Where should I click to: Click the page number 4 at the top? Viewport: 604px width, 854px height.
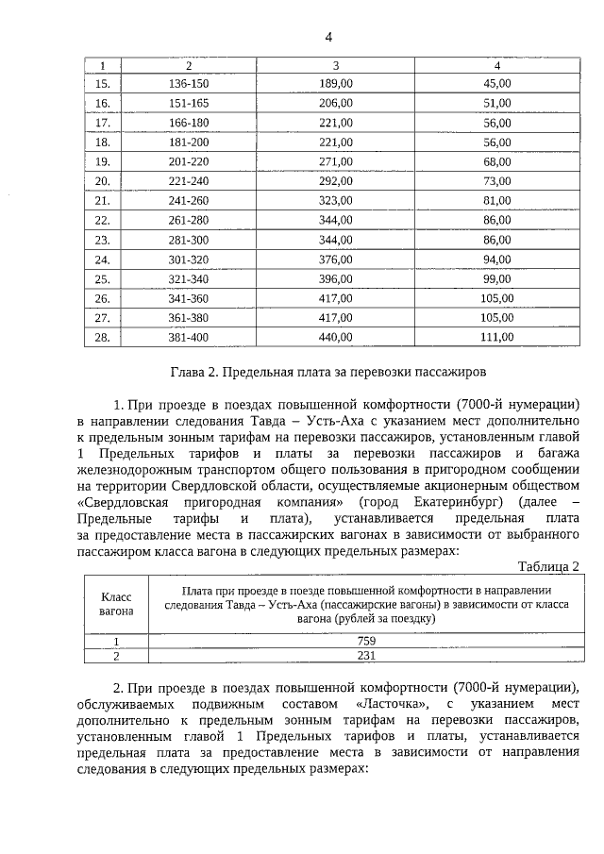point(328,37)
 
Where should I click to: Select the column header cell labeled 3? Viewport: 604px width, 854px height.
point(335,65)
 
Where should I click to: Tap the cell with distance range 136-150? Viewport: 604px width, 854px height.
point(189,83)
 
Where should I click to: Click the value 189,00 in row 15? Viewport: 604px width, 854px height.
point(335,83)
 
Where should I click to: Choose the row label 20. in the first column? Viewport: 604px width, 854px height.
point(103,180)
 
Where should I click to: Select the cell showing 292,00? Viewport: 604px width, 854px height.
point(335,180)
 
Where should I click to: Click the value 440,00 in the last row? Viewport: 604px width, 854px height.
point(335,336)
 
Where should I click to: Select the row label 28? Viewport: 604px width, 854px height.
point(103,336)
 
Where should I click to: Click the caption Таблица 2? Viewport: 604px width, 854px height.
point(549,565)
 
